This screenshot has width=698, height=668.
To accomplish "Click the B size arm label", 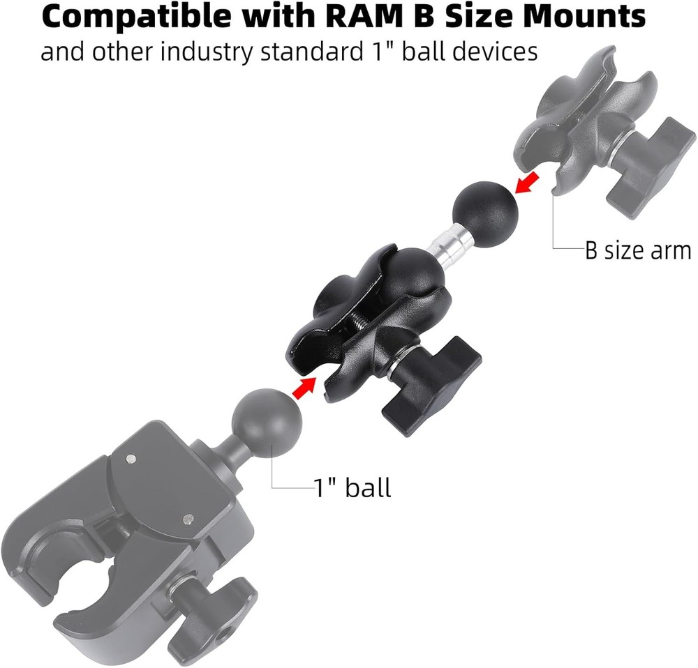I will point(637,250).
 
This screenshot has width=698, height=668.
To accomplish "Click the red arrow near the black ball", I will point(528,183).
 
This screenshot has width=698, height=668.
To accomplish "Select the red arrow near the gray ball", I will point(302,388).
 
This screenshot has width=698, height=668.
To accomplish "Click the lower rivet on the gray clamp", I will point(186,518).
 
